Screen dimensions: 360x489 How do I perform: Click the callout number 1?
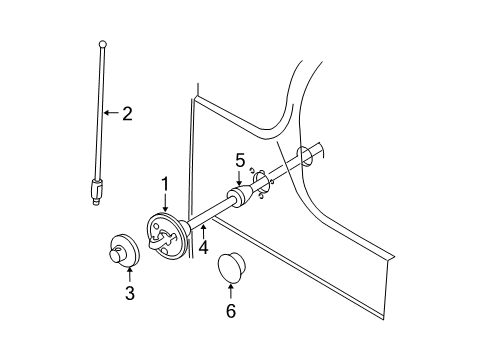pyautogui.click(x=165, y=184)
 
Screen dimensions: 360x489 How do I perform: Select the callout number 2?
pyautogui.click(x=127, y=113)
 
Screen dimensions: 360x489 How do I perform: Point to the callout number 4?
pyautogui.click(x=204, y=245)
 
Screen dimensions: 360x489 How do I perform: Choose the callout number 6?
pyautogui.click(x=231, y=311)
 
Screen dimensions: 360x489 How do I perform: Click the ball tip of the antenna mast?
pyautogui.click(x=102, y=43)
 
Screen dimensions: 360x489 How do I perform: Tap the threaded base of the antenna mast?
pyautogui.click(x=97, y=190)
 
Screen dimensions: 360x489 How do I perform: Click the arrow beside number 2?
pyautogui.click(x=112, y=113)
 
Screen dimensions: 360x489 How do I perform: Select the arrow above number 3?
pyautogui.click(x=129, y=273)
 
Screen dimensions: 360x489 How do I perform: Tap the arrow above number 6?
pyautogui.click(x=231, y=291)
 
